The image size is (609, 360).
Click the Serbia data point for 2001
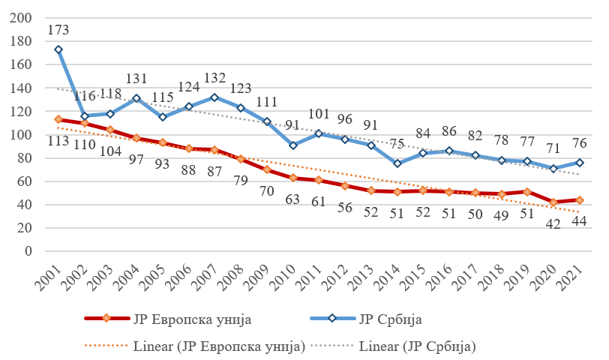(x=58, y=49)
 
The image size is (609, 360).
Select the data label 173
(x=58, y=31)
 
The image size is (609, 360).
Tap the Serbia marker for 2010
(x=292, y=145)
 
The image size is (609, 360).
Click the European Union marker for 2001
(x=58, y=119)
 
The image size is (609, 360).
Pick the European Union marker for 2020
(x=555, y=202)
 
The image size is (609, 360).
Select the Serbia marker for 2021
(x=580, y=162)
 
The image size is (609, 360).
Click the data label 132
(x=215, y=79)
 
